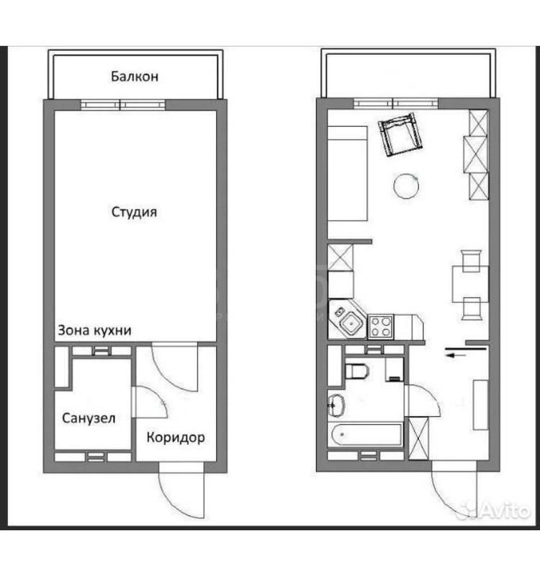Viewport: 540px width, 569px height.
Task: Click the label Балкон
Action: point(135,76)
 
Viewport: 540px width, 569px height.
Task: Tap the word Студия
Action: point(134,212)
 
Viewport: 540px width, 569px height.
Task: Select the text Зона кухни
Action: point(94,330)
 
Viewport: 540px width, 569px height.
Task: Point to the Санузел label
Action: point(89,418)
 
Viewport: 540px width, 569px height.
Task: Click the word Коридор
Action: point(176,438)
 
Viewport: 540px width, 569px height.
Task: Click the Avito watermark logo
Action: point(494,510)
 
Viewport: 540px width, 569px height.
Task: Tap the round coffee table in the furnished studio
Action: point(406,186)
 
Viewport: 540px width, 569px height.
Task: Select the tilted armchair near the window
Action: point(400,134)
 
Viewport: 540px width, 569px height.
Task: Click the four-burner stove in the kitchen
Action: point(381,327)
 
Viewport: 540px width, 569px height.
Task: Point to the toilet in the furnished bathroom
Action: point(356,371)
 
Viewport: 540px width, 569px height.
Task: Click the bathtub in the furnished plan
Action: point(366,434)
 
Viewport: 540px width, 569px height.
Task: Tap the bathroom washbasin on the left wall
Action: point(336,405)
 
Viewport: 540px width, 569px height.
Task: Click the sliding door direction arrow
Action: point(455,356)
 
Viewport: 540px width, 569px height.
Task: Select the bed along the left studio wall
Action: point(348,174)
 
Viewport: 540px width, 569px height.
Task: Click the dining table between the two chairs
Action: point(470,284)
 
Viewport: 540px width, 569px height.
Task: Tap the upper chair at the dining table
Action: point(470,260)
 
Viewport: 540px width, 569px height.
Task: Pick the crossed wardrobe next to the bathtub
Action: point(418,438)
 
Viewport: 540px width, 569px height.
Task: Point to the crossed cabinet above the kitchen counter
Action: point(341,257)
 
